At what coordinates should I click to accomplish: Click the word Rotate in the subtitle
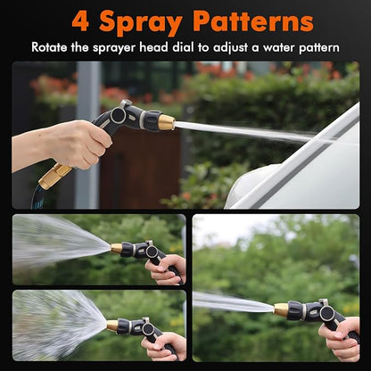click(53, 46)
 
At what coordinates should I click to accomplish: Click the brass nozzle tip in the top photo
click(166, 122)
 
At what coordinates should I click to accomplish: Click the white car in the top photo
click(303, 169)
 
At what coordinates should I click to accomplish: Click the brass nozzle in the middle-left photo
click(116, 249)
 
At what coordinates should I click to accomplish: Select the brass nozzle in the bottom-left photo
click(112, 326)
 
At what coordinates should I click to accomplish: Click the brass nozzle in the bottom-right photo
click(280, 309)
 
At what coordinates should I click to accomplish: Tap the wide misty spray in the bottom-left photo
click(54, 326)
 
